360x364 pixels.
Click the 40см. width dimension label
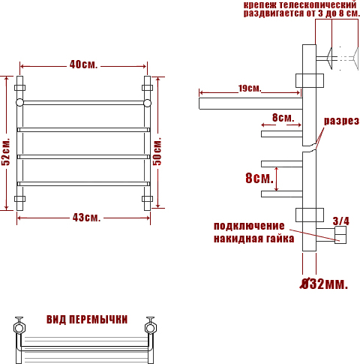(83, 65)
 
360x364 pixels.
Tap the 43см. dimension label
(86, 218)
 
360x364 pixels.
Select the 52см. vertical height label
(5, 152)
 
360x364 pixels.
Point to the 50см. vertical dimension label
(157, 152)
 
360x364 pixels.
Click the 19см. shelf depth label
(250, 89)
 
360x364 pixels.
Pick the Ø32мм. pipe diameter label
(323, 284)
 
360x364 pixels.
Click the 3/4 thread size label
(341, 221)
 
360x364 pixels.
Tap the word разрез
(341, 121)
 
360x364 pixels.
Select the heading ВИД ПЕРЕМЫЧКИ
(87, 320)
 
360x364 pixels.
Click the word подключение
(249, 226)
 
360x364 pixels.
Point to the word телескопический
(318, 5)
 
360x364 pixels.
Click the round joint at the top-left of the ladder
(19, 103)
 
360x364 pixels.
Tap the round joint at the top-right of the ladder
(147, 103)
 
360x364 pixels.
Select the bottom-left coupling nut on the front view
(19, 199)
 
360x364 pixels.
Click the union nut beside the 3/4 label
(340, 235)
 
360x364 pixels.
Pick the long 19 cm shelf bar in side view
(250, 104)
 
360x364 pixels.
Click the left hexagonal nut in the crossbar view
(19, 328)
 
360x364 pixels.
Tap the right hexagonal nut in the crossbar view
(151, 328)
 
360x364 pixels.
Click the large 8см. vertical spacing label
(259, 179)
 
